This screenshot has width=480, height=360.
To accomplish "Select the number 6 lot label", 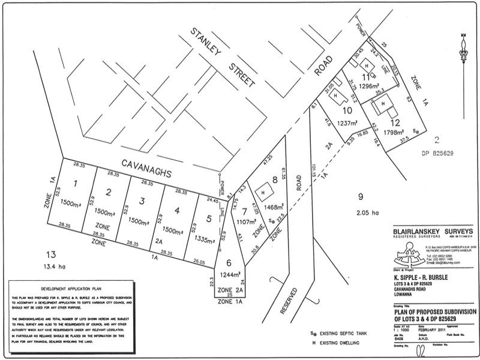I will click(x=229, y=262).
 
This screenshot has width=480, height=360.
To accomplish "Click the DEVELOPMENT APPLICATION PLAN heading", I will click(x=67, y=289).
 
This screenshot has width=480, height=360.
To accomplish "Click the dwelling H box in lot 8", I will click(x=262, y=191).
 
